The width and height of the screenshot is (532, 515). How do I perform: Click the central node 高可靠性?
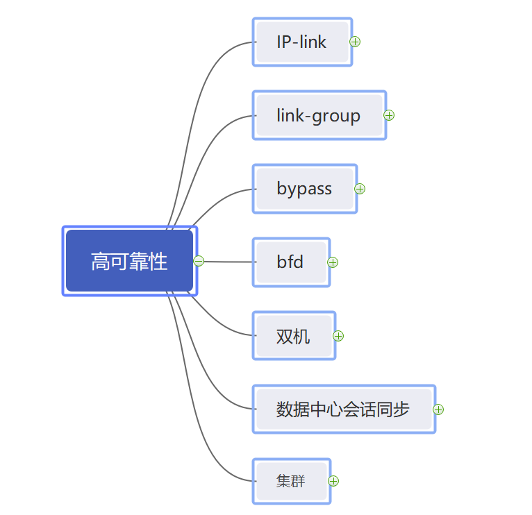click(x=129, y=261)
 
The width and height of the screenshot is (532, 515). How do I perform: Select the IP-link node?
click(x=302, y=42)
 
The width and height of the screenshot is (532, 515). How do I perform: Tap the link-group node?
click(x=319, y=115)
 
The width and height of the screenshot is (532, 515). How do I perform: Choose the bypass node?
click(x=304, y=189)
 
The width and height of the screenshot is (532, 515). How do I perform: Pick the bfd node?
click(x=290, y=262)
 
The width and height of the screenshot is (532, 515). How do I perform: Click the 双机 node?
click(x=294, y=336)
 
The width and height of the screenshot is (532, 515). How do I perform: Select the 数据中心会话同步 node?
click(x=343, y=410)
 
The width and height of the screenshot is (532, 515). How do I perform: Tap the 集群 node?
click(x=291, y=481)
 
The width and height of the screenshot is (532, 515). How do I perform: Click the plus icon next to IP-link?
click(x=355, y=42)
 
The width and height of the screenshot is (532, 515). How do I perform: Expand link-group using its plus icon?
click(x=389, y=115)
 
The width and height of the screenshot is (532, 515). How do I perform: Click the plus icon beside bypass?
click(x=360, y=189)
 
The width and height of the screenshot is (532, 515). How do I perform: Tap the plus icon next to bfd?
click(x=333, y=262)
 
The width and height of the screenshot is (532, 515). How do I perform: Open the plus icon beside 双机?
click(x=338, y=336)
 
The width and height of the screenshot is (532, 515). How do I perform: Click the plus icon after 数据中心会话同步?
click(x=438, y=410)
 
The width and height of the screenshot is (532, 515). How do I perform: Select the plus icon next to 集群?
click(x=333, y=481)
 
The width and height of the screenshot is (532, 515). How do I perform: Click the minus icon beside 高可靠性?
click(x=199, y=261)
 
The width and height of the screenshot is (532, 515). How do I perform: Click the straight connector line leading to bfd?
click(x=229, y=262)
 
